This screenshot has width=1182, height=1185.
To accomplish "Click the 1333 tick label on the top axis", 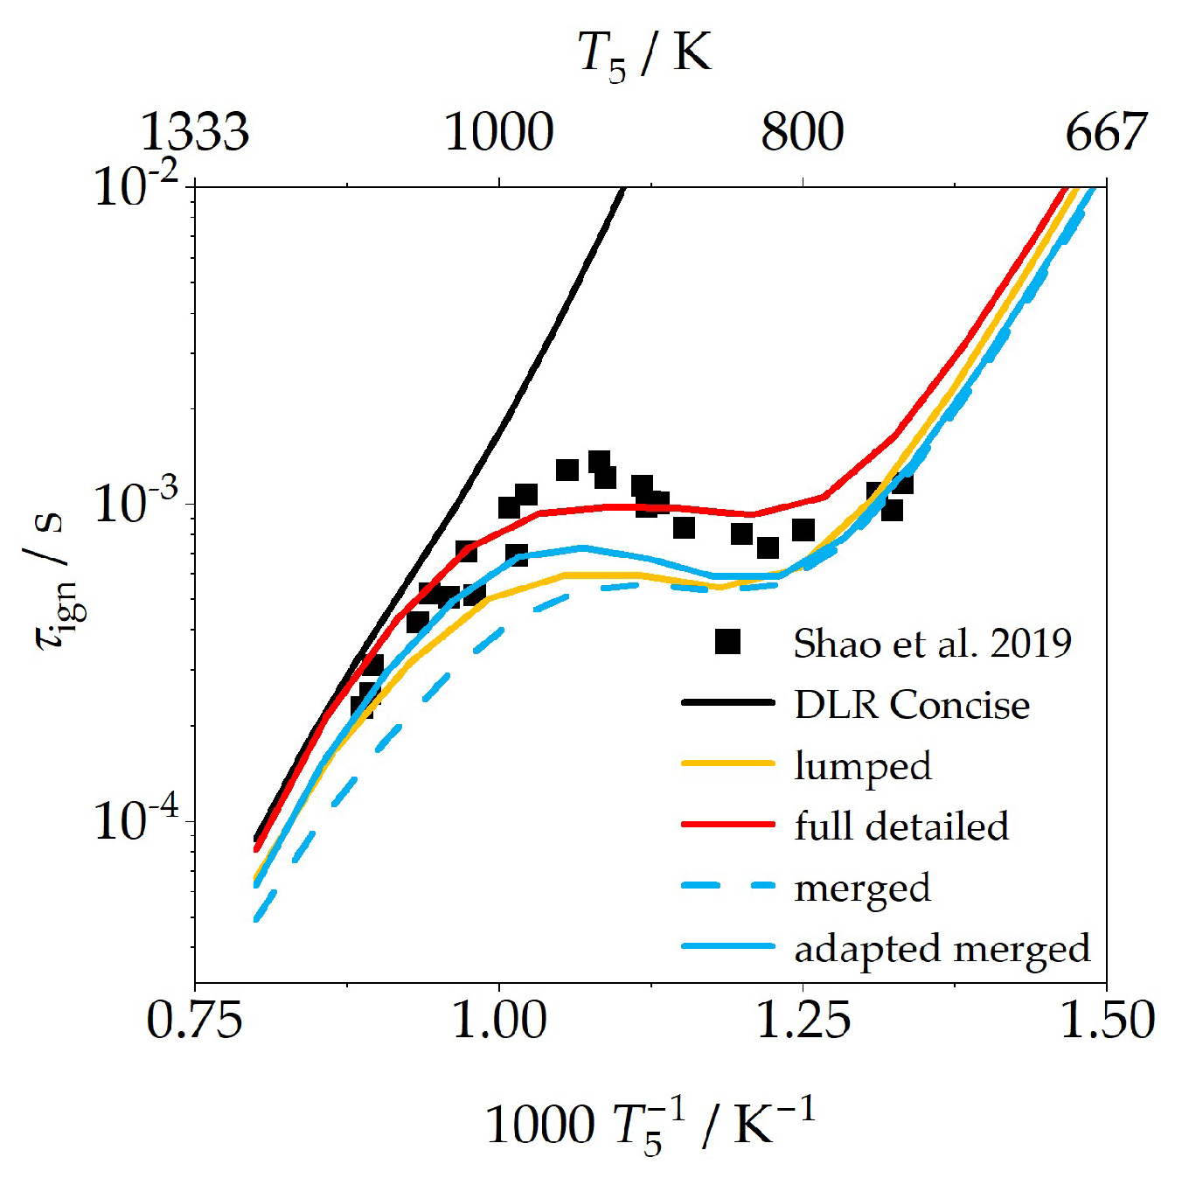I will [x=194, y=132].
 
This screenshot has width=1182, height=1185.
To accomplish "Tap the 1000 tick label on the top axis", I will [x=499, y=132].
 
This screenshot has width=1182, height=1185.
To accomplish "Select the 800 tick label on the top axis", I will [x=802, y=132].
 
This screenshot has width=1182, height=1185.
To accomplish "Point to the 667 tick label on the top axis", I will [x=1105, y=132].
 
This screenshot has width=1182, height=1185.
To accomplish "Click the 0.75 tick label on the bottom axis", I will [x=194, y=1021].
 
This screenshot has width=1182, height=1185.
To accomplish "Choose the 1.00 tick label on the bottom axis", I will [x=499, y=1021].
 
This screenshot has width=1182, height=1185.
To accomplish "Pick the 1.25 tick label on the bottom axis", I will [x=803, y=1021].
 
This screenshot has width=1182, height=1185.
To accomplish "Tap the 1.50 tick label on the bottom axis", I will [x=1107, y=1021].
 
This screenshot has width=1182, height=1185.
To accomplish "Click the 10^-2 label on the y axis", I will [x=136, y=185].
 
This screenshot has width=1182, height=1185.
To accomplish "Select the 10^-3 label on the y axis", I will [x=136, y=503].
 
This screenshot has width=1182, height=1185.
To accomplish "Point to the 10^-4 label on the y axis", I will [x=136, y=820].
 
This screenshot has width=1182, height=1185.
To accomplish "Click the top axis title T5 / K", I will [x=644, y=54].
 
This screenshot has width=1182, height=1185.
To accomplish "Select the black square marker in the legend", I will [x=727, y=642].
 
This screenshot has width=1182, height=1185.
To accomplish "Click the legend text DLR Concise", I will [x=912, y=705].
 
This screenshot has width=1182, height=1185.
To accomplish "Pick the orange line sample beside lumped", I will [x=727, y=763].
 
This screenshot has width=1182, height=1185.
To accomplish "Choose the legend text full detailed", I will [x=901, y=826].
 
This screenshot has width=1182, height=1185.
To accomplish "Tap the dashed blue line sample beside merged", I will [x=727, y=886].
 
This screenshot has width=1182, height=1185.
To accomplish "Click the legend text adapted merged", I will [x=942, y=949].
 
